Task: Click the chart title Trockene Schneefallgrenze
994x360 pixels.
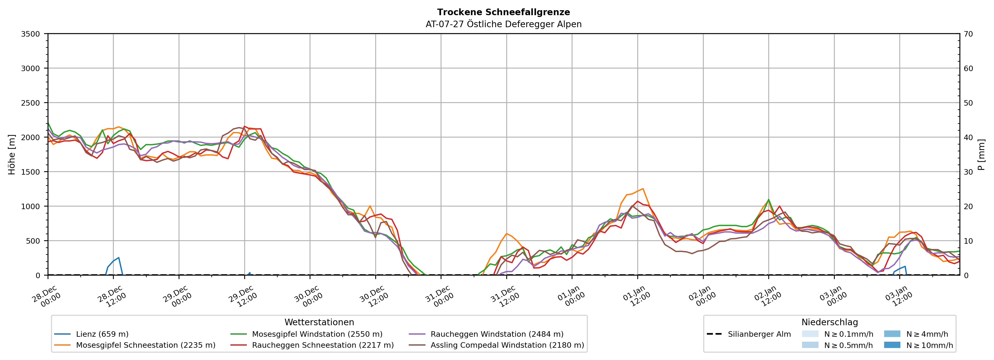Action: pyautogui.click(x=503, y=12)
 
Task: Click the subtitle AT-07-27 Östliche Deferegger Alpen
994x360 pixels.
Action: pyautogui.click(x=503, y=24)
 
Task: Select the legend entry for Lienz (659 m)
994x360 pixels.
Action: pyautogui.click(x=102, y=334)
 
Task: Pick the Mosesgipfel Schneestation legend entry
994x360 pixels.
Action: pyautogui.click(x=145, y=345)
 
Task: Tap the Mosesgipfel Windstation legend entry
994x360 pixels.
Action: pyautogui.click(x=317, y=334)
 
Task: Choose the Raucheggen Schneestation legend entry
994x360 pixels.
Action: pyautogui.click(x=323, y=345)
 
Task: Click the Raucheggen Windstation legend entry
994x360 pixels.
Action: pyautogui.click(x=497, y=334)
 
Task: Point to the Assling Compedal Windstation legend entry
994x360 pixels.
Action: pyautogui.click(x=507, y=345)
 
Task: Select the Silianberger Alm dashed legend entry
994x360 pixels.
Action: pyautogui.click(x=759, y=334)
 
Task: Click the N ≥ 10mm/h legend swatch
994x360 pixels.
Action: pyautogui.click(x=892, y=345)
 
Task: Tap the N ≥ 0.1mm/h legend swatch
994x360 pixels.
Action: pyautogui.click(x=810, y=334)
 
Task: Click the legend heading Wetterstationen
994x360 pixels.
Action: pyautogui.click(x=319, y=322)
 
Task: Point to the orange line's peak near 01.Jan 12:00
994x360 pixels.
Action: pyautogui.click(x=643, y=189)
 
